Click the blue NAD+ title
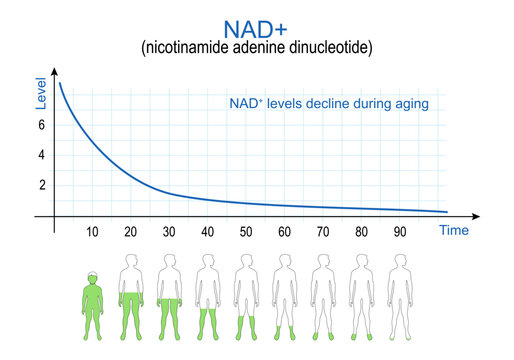coord(257,25)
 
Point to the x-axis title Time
coord(454,231)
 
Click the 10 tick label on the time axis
coord(92,232)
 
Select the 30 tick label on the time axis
coord(169,232)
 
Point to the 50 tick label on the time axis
coord(246,232)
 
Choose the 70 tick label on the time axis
coord(323,232)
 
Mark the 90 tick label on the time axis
coord(400,232)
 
